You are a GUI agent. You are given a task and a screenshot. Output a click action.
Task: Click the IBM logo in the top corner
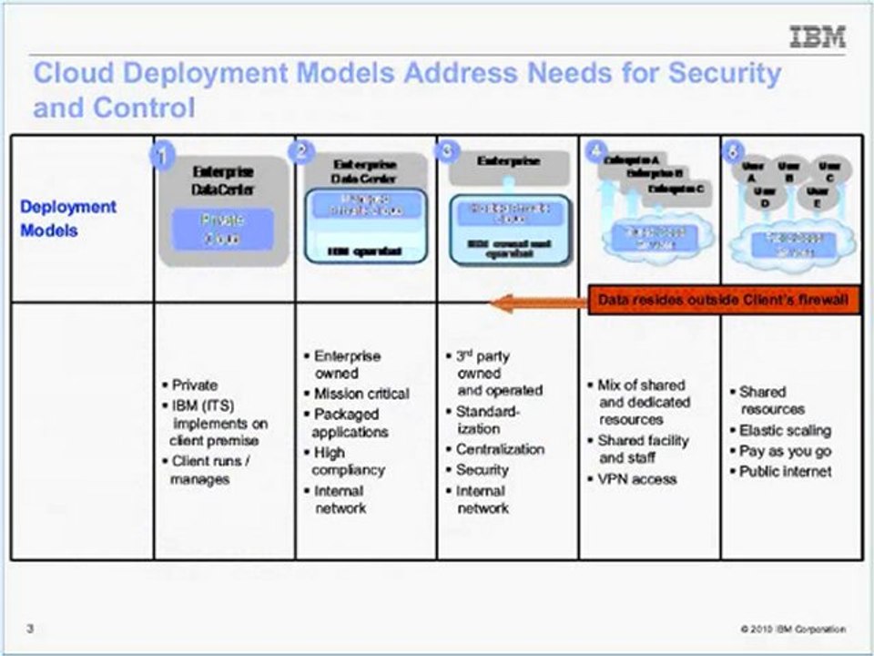(x=817, y=37)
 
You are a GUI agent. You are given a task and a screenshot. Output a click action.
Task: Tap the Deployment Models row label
(x=68, y=219)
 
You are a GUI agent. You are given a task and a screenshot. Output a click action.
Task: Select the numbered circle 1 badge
(x=162, y=156)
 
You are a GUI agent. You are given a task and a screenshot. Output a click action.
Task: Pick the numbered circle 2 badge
(x=301, y=152)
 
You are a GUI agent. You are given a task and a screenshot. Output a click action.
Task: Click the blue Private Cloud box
(x=223, y=230)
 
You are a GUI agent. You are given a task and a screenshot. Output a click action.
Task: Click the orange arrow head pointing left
(x=501, y=302)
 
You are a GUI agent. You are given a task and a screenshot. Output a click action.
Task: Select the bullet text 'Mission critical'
(x=361, y=394)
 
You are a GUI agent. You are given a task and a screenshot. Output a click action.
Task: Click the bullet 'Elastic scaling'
(x=785, y=430)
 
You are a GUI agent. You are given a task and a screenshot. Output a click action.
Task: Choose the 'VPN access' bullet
(x=638, y=478)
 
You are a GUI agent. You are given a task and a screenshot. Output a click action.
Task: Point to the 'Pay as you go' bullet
(x=785, y=451)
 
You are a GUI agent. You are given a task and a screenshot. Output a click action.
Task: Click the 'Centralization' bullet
(x=500, y=449)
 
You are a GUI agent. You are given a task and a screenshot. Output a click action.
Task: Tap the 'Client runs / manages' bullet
(x=211, y=470)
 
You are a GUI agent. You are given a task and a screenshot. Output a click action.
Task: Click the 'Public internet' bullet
(x=785, y=471)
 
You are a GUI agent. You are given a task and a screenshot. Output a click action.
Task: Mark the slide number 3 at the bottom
(x=30, y=629)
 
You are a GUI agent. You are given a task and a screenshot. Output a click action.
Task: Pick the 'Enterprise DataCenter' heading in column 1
(x=223, y=179)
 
